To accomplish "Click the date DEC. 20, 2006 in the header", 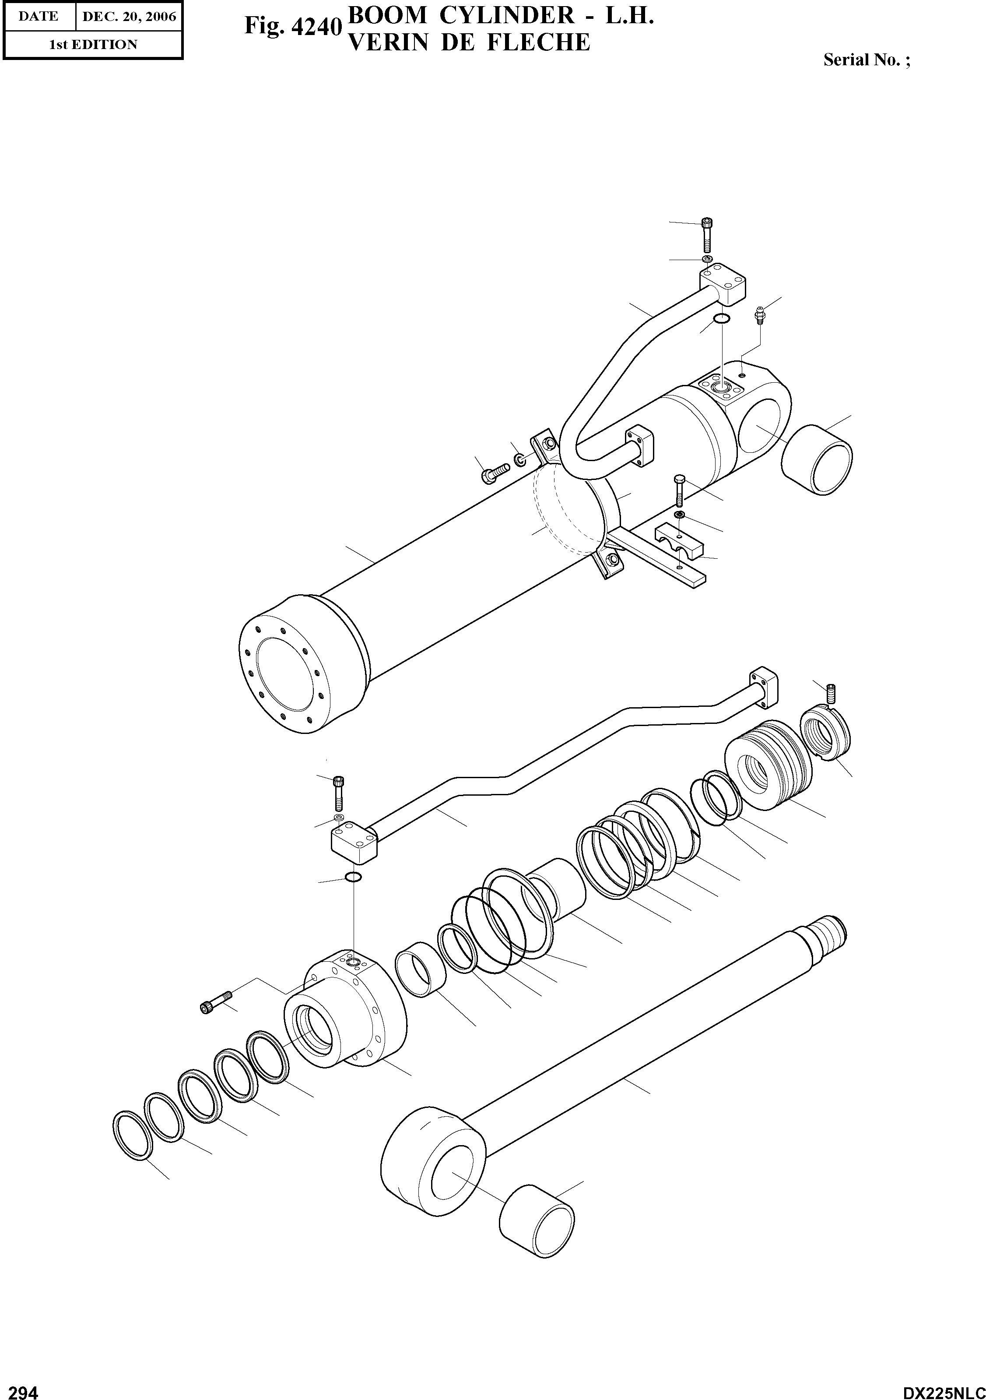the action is tap(129, 17).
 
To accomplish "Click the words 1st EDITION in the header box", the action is tap(93, 45).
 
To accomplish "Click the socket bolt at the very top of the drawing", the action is tap(707, 234).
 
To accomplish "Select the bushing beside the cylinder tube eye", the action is tap(817, 459).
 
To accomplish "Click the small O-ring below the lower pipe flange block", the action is tap(353, 877).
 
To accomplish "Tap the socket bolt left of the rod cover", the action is tap(216, 1001).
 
